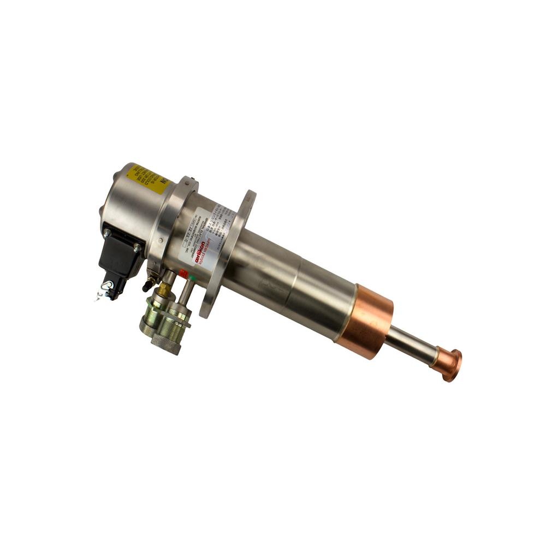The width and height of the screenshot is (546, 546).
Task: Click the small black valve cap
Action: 146,284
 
